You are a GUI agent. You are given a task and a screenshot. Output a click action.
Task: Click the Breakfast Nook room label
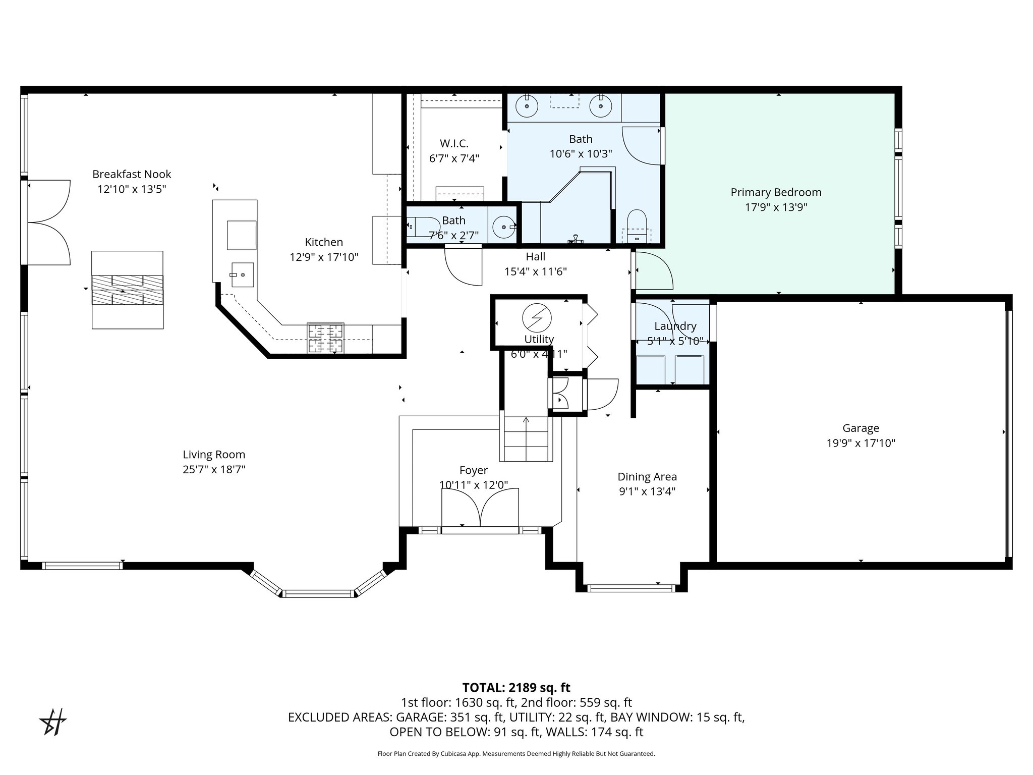132,175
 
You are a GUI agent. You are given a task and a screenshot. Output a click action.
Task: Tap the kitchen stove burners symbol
325,338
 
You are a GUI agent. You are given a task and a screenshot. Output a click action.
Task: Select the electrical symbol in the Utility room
537,318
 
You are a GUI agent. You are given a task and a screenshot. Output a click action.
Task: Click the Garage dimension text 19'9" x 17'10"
860,444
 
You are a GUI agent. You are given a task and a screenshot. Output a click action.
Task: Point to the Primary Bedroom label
776,192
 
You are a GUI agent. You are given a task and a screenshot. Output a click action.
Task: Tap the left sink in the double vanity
526,106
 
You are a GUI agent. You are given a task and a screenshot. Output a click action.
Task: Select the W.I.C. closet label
454,144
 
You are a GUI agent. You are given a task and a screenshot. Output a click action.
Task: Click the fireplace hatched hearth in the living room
127,290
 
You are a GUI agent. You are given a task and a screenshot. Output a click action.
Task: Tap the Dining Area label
647,477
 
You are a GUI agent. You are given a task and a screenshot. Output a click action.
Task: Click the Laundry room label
675,326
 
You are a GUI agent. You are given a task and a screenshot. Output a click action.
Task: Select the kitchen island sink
242,274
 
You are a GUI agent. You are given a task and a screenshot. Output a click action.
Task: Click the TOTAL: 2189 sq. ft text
516,688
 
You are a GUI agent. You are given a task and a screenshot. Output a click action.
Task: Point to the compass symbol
53,722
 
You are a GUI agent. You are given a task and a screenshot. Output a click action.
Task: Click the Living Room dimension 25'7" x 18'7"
214,470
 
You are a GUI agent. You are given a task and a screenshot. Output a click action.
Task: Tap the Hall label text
535,257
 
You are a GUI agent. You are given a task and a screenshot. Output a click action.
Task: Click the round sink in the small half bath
504,227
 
